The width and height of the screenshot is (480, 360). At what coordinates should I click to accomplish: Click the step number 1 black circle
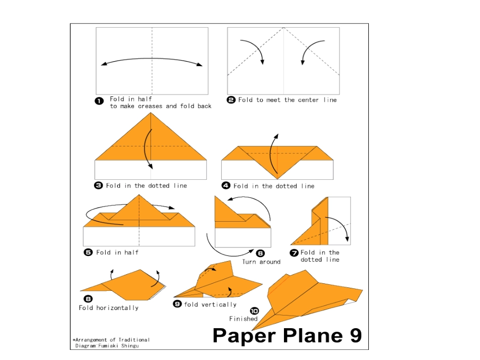[99, 101]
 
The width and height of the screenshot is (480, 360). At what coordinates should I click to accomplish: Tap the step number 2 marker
[231, 100]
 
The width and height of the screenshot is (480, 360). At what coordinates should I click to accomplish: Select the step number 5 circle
[88, 252]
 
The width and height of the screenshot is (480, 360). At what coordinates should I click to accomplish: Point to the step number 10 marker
[254, 311]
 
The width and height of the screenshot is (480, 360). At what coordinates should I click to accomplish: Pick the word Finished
[244, 319]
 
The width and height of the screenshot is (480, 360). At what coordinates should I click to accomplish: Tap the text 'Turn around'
[261, 262]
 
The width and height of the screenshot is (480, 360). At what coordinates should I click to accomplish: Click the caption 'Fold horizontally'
[109, 308]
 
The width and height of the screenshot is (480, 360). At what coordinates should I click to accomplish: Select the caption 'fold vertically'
[210, 304]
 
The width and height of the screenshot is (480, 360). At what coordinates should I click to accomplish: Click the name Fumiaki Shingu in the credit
[118, 346]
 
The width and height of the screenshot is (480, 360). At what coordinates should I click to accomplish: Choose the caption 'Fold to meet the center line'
[287, 100]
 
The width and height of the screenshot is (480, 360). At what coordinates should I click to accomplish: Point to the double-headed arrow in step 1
[152, 59]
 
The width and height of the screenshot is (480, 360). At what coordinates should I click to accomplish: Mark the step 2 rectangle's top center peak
[283, 28]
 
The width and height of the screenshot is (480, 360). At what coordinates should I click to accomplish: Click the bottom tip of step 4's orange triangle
[277, 179]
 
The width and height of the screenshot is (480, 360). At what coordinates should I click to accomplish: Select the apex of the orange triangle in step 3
[151, 113]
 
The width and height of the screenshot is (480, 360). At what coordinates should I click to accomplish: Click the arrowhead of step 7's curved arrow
[347, 239]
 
